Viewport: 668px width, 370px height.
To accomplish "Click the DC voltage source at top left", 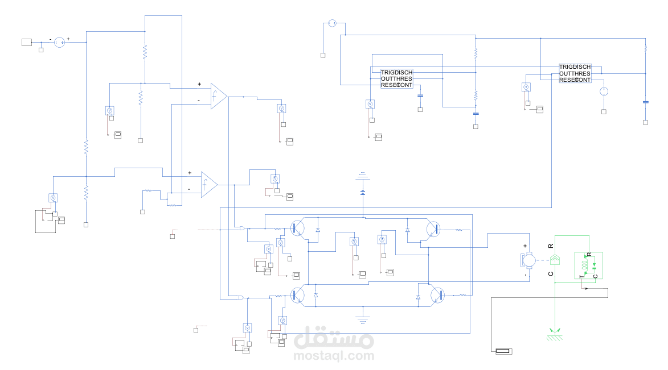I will (x=59, y=41).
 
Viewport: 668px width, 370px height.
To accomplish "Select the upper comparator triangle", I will (x=218, y=96).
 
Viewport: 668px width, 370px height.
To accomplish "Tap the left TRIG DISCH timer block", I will (x=396, y=79).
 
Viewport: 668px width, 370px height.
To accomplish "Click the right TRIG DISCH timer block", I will (x=575, y=73).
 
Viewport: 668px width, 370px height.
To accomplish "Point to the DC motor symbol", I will (x=528, y=261).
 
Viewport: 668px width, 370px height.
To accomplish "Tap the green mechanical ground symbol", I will (x=555, y=335).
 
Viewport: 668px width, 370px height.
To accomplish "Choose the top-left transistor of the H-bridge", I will (x=297, y=228).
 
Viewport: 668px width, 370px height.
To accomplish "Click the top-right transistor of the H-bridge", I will (x=434, y=228).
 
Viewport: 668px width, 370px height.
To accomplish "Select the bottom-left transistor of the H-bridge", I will (x=297, y=294).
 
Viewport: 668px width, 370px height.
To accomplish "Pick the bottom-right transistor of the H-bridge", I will (x=436, y=294).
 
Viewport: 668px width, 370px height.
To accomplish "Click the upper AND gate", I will (x=243, y=228).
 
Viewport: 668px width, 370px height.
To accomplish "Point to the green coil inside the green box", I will (x=584, y=265).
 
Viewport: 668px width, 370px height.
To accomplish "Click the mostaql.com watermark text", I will (x=334, y=356).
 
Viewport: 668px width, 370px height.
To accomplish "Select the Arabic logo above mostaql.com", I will (x=334, y=338).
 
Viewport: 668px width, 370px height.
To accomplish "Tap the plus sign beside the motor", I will (x=525, y=246).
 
